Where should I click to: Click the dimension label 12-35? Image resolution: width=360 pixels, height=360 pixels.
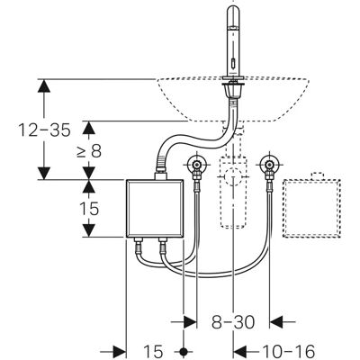44,130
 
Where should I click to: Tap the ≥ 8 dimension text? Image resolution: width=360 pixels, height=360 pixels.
89,151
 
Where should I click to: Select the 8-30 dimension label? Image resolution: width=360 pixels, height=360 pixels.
233,322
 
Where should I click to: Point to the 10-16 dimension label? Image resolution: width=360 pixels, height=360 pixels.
289,351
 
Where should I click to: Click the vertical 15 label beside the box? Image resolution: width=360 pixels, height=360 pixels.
89,209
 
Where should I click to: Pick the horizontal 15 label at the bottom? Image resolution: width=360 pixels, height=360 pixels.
153,351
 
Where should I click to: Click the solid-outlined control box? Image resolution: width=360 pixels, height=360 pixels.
155,209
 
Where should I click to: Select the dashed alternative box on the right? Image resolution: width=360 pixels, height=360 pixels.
312,206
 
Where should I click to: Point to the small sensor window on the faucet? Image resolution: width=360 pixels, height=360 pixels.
233,63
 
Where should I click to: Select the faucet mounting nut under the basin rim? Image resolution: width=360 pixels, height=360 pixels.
233,90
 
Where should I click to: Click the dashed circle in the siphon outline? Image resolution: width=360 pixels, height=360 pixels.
233,176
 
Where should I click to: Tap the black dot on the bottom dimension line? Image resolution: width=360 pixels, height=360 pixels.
184,351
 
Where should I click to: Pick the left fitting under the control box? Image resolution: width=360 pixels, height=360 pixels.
139,245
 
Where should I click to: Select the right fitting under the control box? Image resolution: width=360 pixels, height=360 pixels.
163,245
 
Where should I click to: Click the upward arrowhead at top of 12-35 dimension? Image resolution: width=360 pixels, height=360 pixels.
44,86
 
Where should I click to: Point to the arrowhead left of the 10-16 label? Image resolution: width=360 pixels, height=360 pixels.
240,351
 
